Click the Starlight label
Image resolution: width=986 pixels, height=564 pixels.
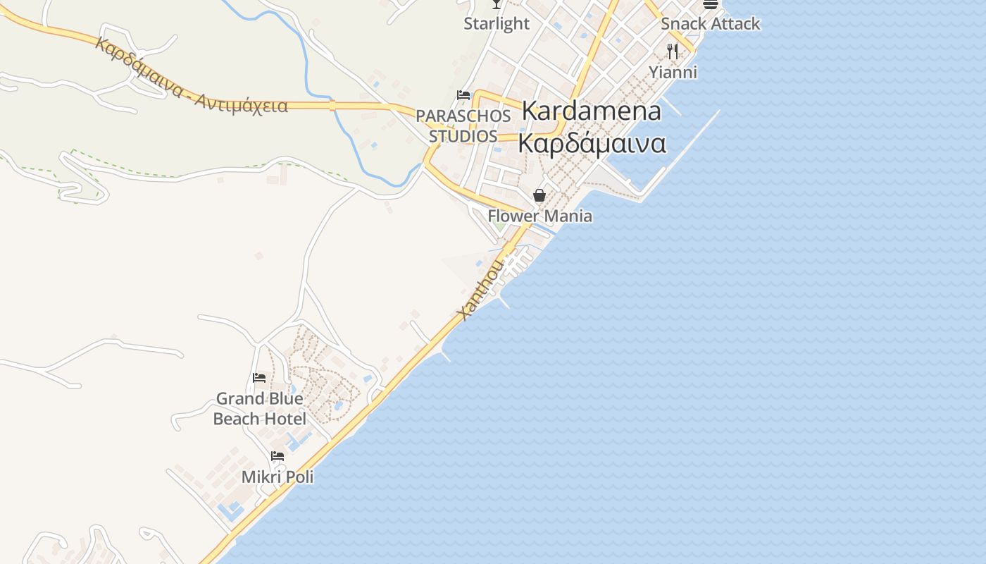pos(497,23)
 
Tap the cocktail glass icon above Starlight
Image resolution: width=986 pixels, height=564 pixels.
pos(497,4)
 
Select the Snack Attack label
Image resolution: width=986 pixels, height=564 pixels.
pos(710,23)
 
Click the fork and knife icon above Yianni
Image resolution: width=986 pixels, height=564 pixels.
pos(673,51)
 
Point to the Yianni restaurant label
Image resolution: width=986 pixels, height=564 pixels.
pos(673,72)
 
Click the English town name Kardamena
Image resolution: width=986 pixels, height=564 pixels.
pos(592,111)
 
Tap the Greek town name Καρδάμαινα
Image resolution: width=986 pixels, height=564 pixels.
pos(592,142)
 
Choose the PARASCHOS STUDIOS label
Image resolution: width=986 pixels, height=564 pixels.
pos(463,125)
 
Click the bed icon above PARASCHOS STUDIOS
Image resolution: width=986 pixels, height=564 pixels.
pos(463,95)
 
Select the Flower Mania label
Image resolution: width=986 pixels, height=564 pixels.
pos(540,216)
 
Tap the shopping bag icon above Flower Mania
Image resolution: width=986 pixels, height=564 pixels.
pos(539,195)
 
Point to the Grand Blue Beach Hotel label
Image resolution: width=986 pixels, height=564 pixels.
pos(260,408)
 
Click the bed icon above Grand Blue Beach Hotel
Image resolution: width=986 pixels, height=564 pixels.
pos(259,378)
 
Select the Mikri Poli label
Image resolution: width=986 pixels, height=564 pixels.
pos(277,477)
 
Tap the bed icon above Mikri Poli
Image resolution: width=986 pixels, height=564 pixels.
pos(277,456)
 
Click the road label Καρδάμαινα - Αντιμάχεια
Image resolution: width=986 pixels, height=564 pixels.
pos(191,77)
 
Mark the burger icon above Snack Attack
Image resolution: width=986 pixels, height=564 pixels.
pos(710,4)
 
